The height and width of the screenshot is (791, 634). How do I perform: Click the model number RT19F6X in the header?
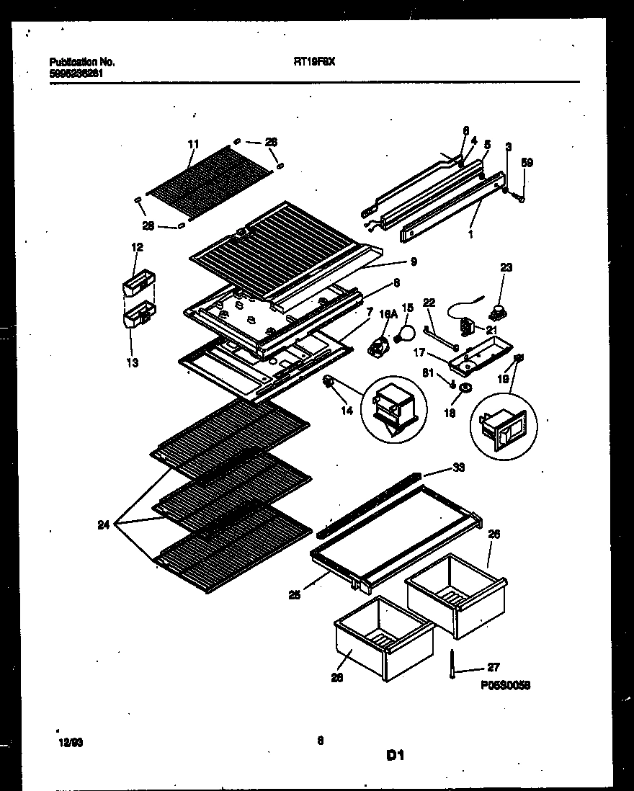314,62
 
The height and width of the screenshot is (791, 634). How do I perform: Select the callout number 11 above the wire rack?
192,145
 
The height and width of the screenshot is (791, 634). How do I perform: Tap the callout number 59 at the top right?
527,163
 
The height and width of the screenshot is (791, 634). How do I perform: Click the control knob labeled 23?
496,311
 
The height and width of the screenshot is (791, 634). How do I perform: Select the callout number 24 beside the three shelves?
104,525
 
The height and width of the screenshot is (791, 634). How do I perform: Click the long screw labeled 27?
452,663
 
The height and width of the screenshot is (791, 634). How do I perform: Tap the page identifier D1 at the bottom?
394,756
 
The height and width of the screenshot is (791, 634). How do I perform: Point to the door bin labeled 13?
139,316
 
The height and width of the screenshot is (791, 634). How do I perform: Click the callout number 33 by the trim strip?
458,468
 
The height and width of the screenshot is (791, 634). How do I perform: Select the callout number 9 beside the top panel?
414,262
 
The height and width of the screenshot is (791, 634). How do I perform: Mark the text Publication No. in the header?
81,62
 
